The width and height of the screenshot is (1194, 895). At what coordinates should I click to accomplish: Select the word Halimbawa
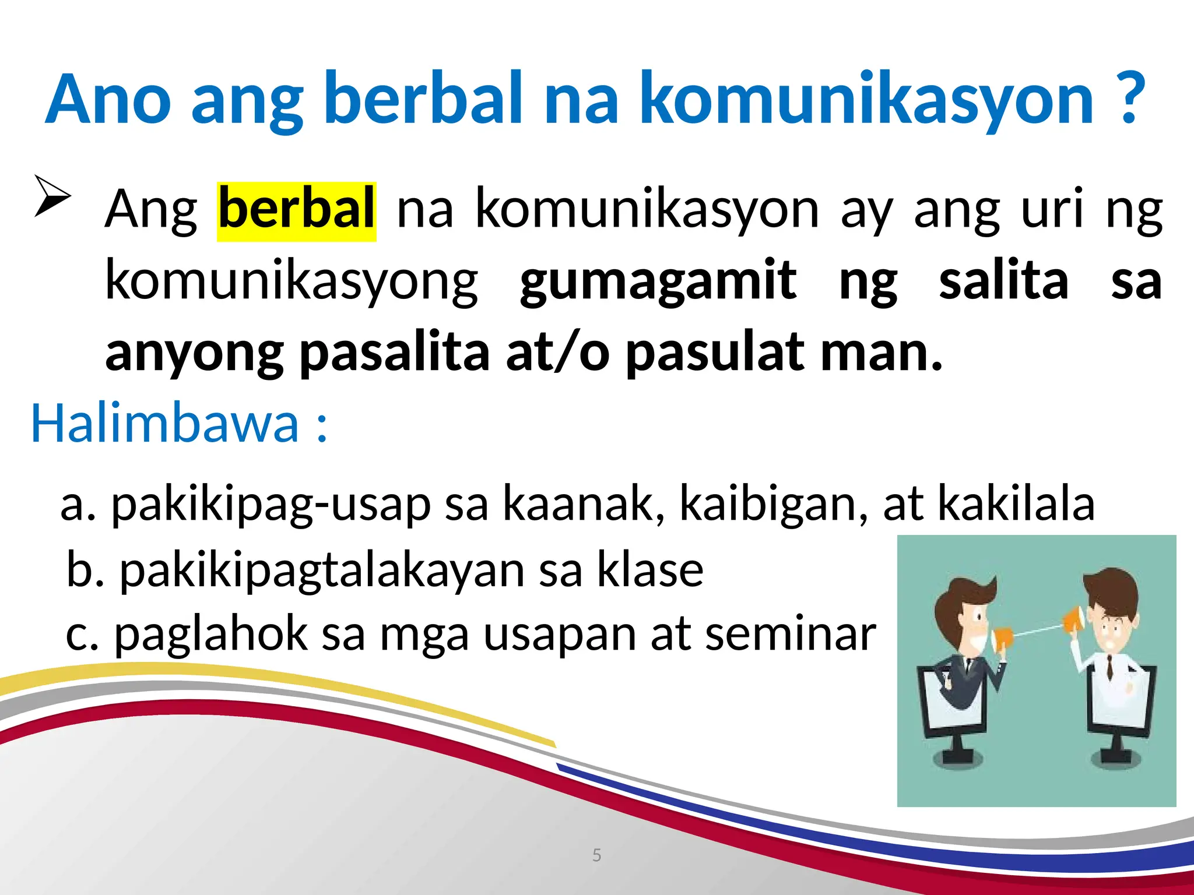pos(164,424)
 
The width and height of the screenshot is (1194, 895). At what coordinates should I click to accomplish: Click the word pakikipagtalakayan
pos(322,571)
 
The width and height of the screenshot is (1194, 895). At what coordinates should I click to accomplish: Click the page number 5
pos(596,855)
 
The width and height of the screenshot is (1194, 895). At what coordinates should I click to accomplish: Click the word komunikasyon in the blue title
pos(866,99)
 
